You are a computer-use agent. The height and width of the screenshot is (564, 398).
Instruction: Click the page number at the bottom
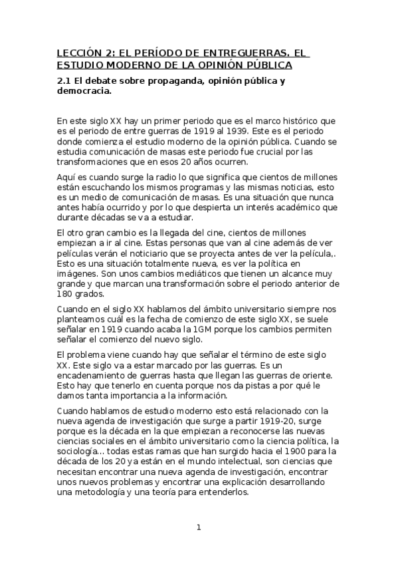[198, 527]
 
